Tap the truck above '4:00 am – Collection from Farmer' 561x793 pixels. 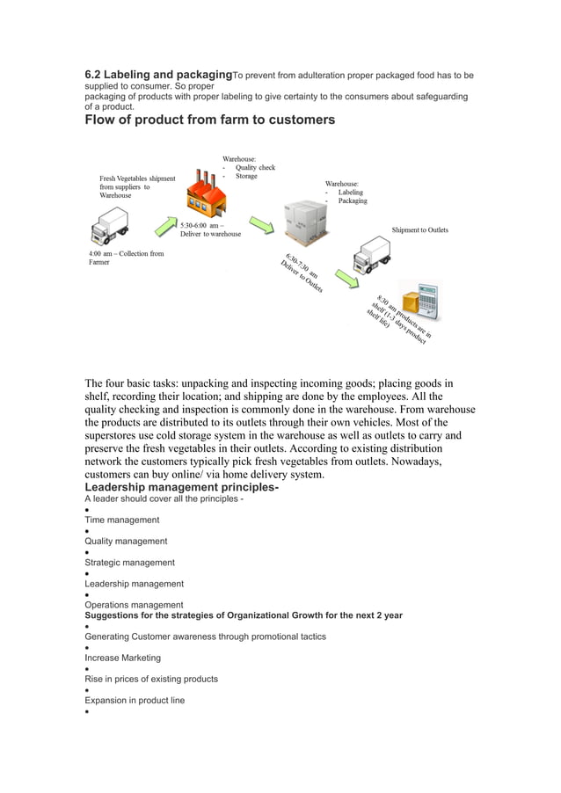[x=109, y=228]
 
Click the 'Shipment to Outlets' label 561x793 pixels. [x=419, y=230]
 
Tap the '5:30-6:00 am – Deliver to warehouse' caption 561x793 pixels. [x=210, y=229]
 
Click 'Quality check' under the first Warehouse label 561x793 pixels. [x=254, y=167]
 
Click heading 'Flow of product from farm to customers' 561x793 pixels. [x=209, y=120]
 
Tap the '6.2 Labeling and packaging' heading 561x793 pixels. [x=158, y=76]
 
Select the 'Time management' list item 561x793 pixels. [x=121, y=520]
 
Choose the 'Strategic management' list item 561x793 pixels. [x=129, y=563]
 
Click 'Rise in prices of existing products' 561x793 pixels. [x=150, y=680]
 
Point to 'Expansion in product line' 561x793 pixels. [x=135, y=701]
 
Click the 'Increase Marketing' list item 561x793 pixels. [x=122, y=658]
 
